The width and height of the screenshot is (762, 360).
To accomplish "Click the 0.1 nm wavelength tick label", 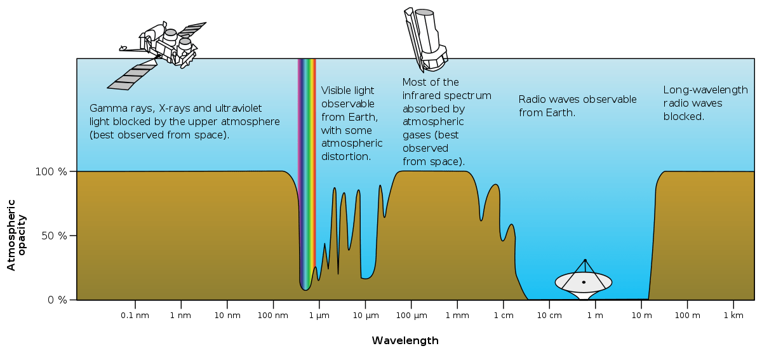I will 135,316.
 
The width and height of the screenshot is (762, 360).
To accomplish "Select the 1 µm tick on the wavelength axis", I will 319,316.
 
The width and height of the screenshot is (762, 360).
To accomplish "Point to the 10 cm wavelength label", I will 549,316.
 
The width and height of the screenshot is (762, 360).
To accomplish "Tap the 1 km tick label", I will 733,316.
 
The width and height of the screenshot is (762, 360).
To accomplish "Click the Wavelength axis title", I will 405,341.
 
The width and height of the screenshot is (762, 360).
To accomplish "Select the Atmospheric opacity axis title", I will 17,235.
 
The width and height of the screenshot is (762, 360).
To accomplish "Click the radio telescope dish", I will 584,281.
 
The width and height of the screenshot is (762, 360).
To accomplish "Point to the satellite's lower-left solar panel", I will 132,77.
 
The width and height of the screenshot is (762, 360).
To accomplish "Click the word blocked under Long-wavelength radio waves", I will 683,117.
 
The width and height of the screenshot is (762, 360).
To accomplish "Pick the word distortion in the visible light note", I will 346,156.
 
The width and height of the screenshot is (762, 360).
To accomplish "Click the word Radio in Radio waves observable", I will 531,100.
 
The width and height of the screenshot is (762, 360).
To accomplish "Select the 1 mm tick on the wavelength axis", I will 457,316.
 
